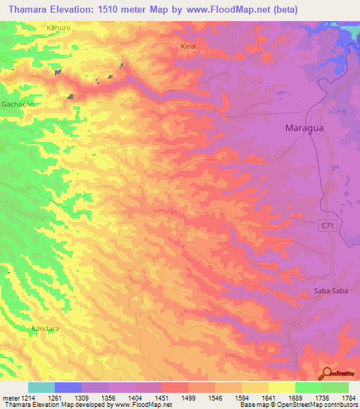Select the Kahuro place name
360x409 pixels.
click(58, 28)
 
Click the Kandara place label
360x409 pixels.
click(44, 328)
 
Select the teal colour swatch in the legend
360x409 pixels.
click(41, 387)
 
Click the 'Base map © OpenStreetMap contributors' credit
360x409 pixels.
click(297, 405)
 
